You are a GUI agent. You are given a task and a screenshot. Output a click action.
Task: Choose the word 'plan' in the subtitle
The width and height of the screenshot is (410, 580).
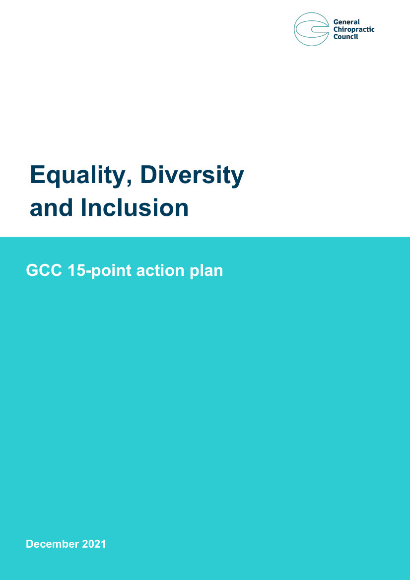[206, 271]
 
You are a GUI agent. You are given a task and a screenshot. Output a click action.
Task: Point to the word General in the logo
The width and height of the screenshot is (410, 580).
[346, 22]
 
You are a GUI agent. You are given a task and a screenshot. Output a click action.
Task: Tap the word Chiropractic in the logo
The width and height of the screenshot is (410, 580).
[354, 30]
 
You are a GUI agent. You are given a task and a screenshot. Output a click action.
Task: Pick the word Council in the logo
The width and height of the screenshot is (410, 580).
[345, 37]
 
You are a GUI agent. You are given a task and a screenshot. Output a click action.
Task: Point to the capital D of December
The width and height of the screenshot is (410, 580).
[30, 544]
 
